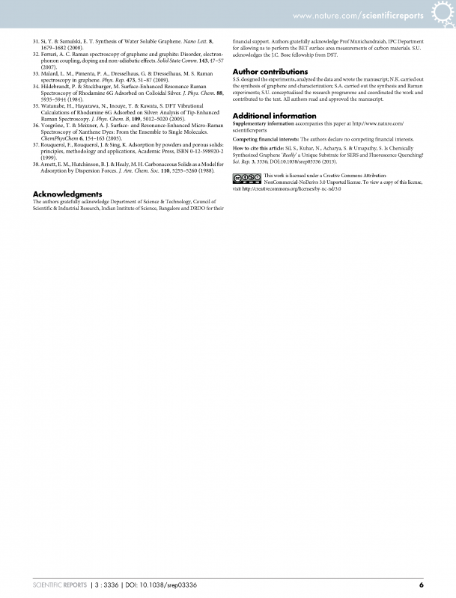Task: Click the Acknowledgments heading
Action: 67,194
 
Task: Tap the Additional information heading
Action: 274,116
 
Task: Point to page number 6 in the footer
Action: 422,585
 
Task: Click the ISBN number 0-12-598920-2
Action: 203,153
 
